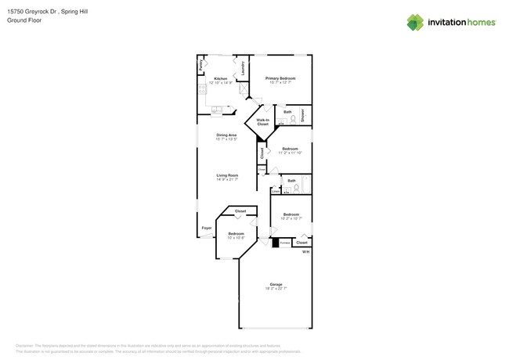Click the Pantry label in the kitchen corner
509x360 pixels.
202,67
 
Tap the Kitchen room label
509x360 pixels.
221,79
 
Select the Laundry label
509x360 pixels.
244,68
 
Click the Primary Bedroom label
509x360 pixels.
280,78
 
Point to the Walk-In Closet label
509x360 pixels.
262,122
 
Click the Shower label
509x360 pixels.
304,115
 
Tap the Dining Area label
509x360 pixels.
226,135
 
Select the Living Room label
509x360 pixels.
226,175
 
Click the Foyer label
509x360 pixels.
207,228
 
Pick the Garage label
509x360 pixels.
276,284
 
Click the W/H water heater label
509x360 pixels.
306,252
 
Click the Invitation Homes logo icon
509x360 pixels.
415,23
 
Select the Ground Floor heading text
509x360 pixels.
25,20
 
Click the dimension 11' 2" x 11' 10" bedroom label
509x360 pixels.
290,153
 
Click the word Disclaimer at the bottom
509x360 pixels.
29,345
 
